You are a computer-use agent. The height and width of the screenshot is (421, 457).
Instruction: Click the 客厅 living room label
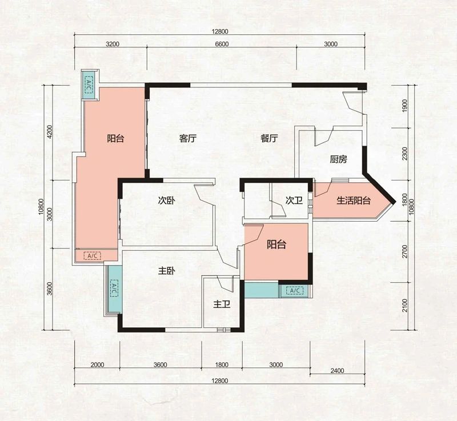coord(188,138)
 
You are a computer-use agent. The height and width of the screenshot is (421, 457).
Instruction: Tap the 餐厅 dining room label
coord(269,138)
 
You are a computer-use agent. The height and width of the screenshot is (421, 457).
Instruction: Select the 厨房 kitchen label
coord(338,159)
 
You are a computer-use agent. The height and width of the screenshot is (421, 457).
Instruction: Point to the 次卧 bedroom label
coord(166,201)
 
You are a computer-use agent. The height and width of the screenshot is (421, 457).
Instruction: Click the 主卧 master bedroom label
coord(166,271)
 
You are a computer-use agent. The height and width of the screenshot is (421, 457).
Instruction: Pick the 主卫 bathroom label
coord(222,304)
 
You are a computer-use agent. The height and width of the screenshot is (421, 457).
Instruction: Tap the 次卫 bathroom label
coord(294,201)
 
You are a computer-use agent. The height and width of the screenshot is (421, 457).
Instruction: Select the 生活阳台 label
coord(354,201)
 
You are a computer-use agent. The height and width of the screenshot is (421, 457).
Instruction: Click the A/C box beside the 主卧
coord(113,288)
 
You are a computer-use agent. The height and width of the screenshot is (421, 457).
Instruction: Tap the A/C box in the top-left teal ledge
coord(89,85)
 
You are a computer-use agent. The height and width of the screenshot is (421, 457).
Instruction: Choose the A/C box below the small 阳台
coord(295,291)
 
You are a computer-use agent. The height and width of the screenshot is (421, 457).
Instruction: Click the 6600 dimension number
coord(222,44)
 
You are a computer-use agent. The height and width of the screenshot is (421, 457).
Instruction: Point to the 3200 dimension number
coord(113,44)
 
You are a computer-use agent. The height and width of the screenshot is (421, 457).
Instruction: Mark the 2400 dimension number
coord(337,371)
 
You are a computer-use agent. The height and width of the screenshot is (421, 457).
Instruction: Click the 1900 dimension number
coord(404,106)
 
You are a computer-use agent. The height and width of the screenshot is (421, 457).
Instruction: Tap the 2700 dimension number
coord(404,251)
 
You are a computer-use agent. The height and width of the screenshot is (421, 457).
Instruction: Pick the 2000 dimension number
coord(97,365)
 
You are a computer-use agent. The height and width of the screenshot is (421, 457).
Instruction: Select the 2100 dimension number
coord(404,305)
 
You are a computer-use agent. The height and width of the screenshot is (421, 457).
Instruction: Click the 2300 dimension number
coord(404,154)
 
